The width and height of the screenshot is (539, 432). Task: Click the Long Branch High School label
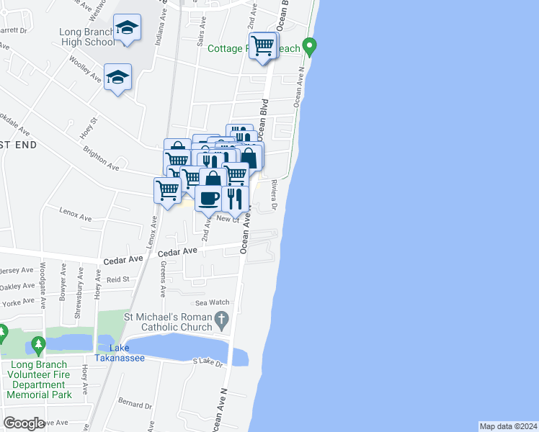[x=88, y=36]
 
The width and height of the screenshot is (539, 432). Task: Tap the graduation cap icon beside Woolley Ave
[x=118, y=76]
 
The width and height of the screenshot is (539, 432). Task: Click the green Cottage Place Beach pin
[x=310, y=48]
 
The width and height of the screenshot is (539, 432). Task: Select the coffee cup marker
[x=209, y=198]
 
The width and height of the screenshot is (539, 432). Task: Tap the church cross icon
[x=222, y=318]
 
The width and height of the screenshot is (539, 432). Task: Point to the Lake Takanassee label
[x=120, y=354]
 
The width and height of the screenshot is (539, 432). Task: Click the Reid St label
[x=117, y=279]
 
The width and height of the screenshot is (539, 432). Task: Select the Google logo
[x=24, y=423]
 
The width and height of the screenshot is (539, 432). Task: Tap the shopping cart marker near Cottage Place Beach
[x=263, y=46]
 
